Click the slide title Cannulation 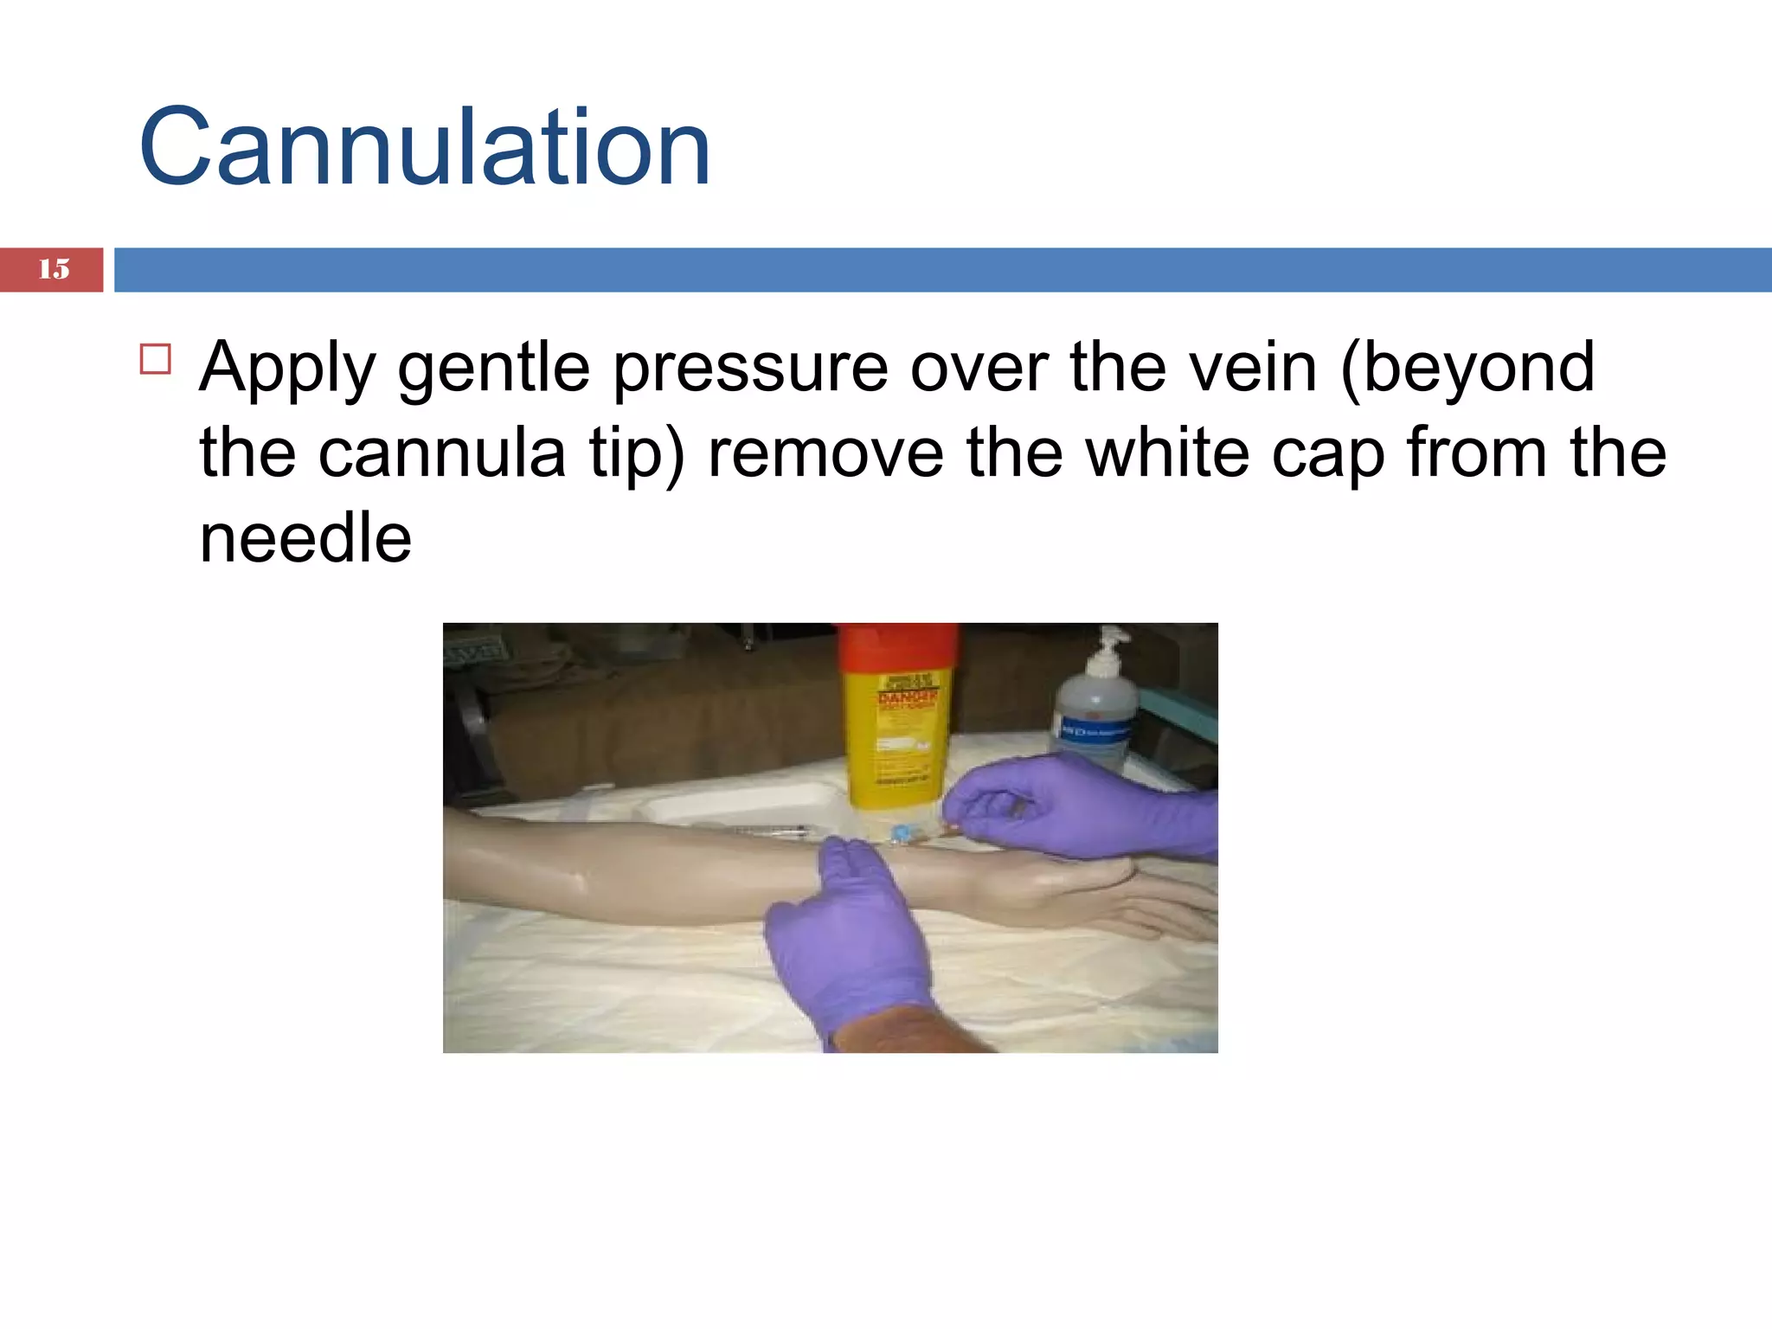pos(424,147)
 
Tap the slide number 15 pos(54,269)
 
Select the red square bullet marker pos(156,358)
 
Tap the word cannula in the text pos(441,453)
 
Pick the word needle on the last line pos(305,538)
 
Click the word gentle pos(494,369)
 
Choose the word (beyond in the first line pos(1467,369)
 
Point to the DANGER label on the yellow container pos(907,697)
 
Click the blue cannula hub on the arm pos(901,835)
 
